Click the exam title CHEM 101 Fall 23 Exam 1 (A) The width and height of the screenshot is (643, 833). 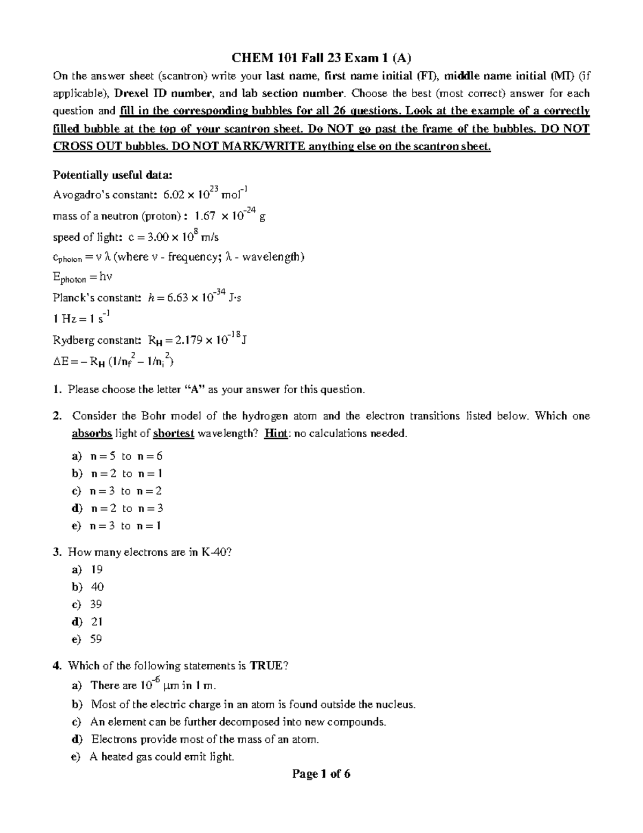point(321,58)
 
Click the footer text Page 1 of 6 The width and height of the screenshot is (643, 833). point(321,773)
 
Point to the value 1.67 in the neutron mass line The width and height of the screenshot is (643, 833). point(205,216)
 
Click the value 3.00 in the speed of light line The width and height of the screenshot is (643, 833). point(156,237)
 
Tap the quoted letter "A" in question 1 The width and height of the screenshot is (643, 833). point(195,389)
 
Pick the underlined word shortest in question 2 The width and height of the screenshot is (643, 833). point(173,433)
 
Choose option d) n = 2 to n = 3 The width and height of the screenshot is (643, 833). point(117,508)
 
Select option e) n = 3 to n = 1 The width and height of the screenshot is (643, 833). point(116,526)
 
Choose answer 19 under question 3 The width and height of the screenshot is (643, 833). point(97,569)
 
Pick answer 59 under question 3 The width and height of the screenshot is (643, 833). point(96,639)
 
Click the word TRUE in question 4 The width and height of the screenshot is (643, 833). point(266,666)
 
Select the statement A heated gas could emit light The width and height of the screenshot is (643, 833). point(162,757)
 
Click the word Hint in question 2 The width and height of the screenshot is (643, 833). point(276,433)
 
